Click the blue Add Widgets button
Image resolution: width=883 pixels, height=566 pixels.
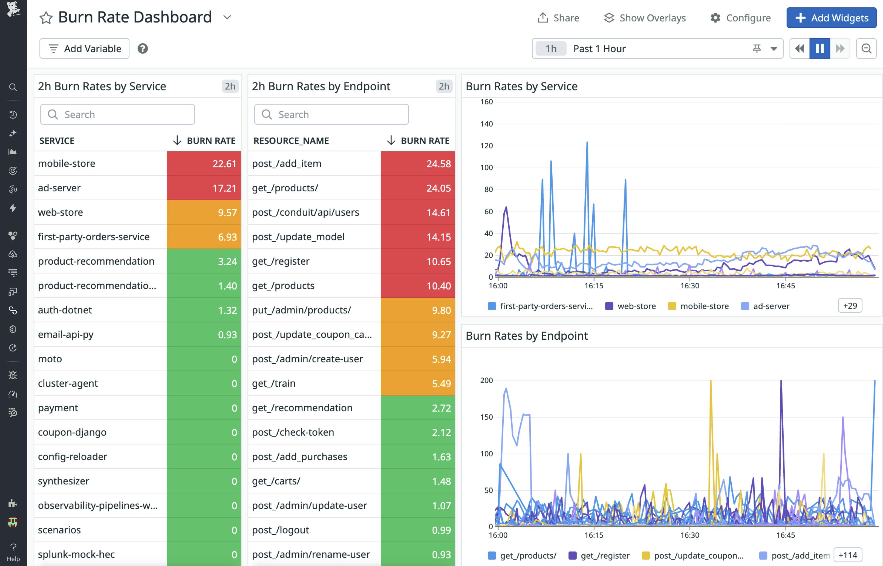click(x=831, y=18)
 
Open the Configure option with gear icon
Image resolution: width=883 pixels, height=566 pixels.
click(x=740, y=18)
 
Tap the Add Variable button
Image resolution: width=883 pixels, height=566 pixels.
click(x=85, y=48)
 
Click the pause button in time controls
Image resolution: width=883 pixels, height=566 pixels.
click(x=819, y=48)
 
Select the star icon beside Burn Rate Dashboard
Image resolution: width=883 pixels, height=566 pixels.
click(x=46, y=18)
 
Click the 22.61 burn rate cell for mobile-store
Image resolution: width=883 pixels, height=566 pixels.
click(x=204, y=164)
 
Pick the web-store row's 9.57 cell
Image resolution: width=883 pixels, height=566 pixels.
click(x=204, y=212)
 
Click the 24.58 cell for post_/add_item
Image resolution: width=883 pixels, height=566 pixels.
click(x=418, y=164)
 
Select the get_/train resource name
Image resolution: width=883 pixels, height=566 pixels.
click(x=274, y=383)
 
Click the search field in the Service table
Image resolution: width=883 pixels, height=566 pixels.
click(x=118, y=114)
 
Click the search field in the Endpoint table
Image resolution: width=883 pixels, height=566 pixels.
click(x=331, y=114)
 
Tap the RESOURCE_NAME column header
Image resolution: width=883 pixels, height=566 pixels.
click(x=291, y=141)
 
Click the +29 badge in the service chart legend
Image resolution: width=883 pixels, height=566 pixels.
click(x=850, y=306)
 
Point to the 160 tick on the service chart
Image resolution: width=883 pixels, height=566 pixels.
click(x=486, y=102)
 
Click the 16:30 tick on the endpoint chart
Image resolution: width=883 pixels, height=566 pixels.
click(x=689, y=535)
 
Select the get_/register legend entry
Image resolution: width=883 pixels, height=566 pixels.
click(x=604, y=556)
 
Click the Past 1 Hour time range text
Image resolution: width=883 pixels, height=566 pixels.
click(x=599, y=48)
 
